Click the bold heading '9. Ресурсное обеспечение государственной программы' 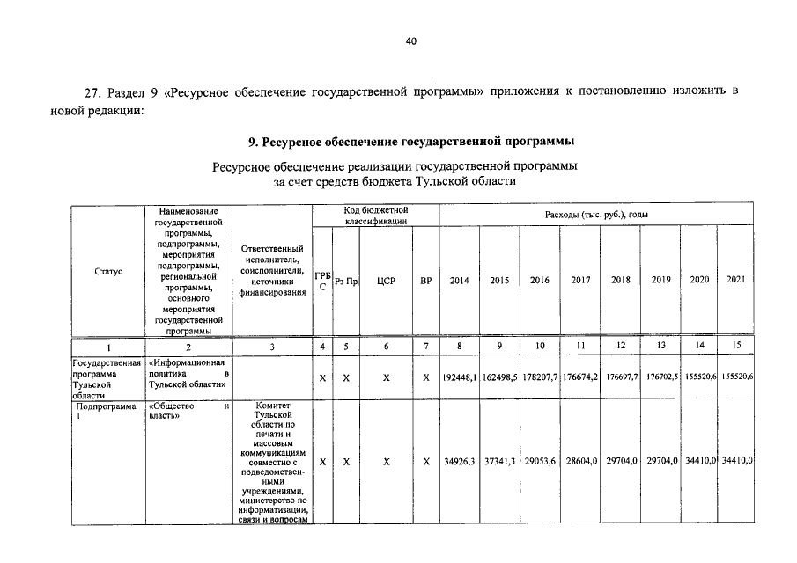[411, 142]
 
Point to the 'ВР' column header [426, 281]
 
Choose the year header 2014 [459, 281]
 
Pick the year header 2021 [735, 280]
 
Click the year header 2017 [580, 281]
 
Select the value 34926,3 [459, 461]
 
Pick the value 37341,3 [499, 461]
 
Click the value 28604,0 [580, 461]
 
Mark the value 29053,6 [540, 461]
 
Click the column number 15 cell [735, 346]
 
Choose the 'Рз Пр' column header [346, 281]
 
